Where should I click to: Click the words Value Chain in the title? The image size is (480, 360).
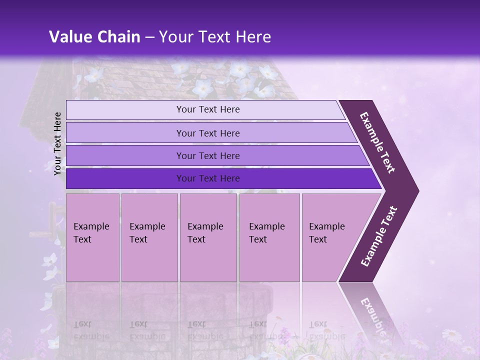click(94, 37)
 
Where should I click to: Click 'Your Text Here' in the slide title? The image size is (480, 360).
click(215, 37)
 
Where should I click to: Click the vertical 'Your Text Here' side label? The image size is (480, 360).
click(57, 143)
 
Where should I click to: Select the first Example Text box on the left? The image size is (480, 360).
click(92, 237)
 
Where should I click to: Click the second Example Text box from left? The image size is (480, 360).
click(149, 237)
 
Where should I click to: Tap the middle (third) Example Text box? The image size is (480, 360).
click(208, 237)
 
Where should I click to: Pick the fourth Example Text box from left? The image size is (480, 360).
click(269, 237)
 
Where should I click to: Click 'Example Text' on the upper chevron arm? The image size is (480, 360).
click(377, 142)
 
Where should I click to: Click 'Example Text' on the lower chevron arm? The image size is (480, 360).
click(379, 236)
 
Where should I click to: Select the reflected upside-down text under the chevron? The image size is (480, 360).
click(372, 312)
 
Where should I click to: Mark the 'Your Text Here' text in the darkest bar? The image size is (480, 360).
click(208, 178)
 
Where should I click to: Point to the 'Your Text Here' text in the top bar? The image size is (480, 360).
click(208, 109)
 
